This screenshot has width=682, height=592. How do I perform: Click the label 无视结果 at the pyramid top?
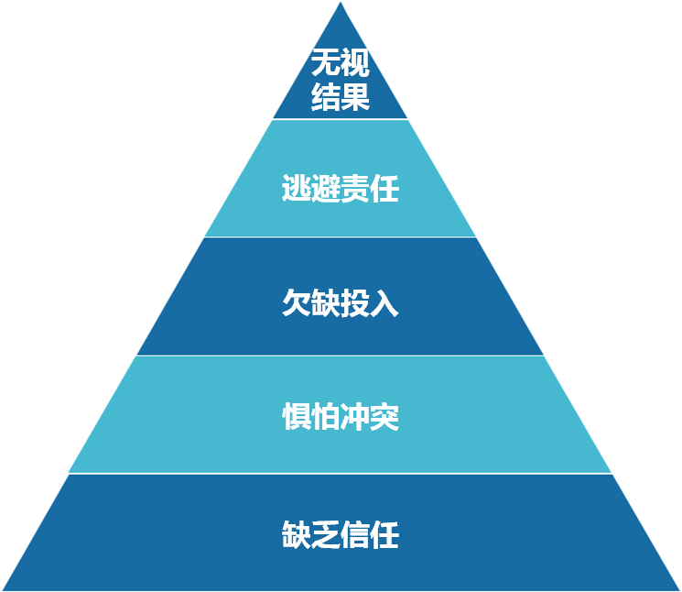click(x=341, y=81)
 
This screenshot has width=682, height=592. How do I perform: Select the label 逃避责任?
click(x=341, y=190)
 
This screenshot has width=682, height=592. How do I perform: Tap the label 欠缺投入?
click(x=341, y=303)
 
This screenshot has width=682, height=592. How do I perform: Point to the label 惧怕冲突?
click(x=341, y=418)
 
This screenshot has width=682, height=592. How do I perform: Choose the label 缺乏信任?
click(x=341, y=534)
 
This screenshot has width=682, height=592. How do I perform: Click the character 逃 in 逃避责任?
click(x=297, y=190)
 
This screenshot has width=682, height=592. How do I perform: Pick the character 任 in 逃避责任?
click(x=385, y=190)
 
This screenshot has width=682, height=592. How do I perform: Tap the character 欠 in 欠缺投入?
click(x=297, y=303)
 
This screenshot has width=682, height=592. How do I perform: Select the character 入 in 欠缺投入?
click(x=385, y=303)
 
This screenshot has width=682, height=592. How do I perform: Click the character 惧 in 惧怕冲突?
click(x=297, y=418)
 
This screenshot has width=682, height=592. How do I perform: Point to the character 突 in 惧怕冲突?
click(x=385, y=418)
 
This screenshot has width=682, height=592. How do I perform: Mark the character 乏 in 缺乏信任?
click(x=326, y=534)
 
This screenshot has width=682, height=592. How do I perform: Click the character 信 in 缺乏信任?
click(x=355, y=534)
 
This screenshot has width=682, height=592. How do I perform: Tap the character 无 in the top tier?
click(x=326, y=64)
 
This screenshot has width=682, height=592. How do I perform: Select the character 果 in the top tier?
click(x=355, y=96)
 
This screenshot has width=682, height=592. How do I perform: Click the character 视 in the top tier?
click(x=355, y=64)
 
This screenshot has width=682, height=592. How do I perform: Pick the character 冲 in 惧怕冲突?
click(x=355, y=418)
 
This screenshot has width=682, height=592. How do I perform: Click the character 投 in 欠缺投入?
click(x=355, y=303)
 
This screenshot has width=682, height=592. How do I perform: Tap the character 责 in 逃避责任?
click(x=355, y=190)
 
